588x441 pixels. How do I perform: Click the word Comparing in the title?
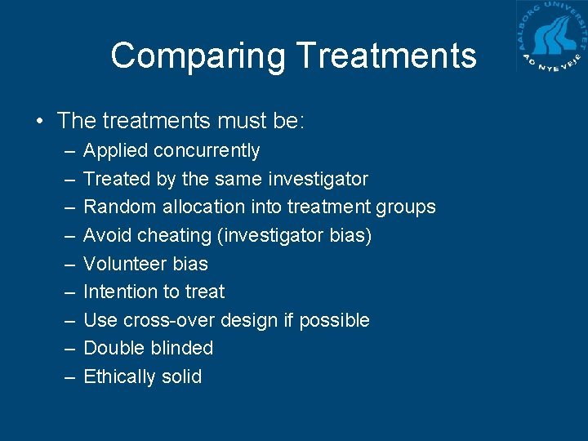198,56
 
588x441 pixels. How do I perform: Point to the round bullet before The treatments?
40,122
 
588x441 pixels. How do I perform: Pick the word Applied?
116,151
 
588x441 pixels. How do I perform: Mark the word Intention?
122,292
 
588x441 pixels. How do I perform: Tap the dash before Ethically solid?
66,376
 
